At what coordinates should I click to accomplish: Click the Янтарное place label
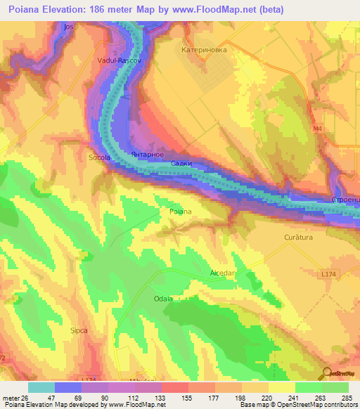[x=148, y=154]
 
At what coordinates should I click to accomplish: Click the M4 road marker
[x=317, y=129]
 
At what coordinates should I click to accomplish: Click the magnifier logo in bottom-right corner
[x=327, y=374]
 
